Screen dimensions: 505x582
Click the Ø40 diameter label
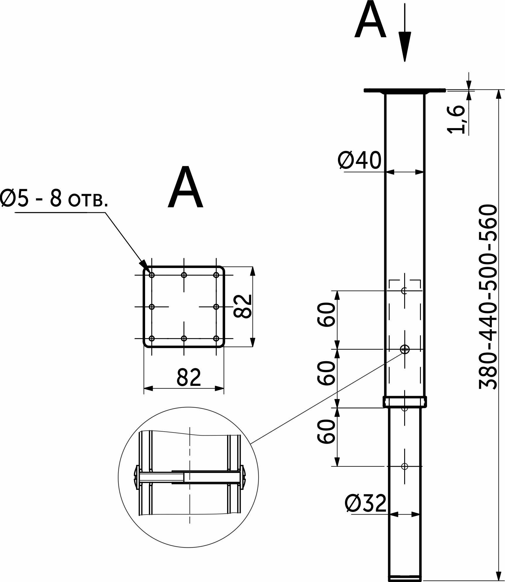(360, 160)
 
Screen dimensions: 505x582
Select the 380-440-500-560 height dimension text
(488, 297)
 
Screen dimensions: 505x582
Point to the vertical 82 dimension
(243, 306)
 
